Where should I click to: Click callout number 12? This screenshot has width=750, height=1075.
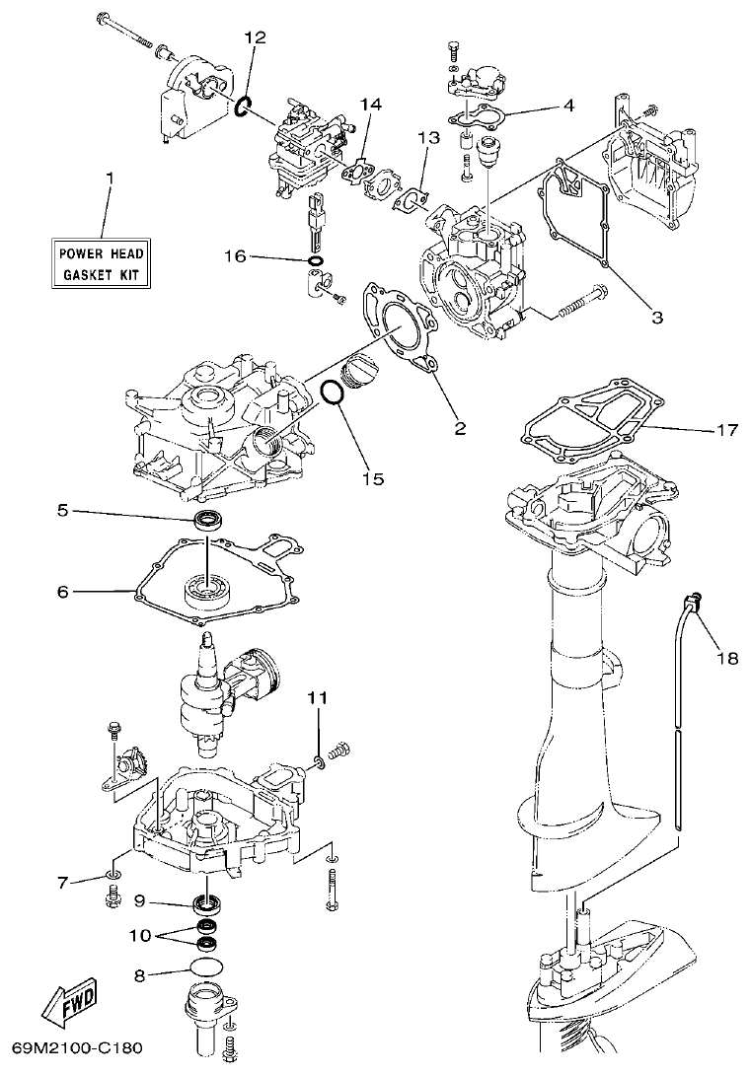255,36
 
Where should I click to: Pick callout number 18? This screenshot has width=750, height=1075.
726,658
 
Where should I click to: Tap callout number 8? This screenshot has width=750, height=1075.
139,975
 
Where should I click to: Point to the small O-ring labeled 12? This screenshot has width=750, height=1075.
244,106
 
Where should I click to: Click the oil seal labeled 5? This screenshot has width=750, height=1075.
210,521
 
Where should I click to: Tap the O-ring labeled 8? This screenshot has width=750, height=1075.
205,968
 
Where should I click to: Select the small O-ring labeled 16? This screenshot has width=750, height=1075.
315,262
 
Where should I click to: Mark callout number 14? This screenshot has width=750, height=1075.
370,103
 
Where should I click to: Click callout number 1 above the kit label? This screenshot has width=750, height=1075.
110,179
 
